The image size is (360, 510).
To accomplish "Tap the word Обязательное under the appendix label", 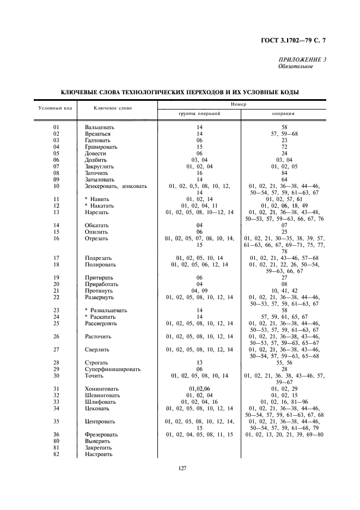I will tap(295, 66).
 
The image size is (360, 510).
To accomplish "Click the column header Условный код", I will tap(55, 108).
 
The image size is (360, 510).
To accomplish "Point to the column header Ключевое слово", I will tap(113, 108).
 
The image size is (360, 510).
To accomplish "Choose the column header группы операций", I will tap(199, 114).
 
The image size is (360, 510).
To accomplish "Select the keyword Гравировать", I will tap(101, 147).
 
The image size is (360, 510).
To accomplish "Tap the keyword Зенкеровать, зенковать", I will tap(115, 186).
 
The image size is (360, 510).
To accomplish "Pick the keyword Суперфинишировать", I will tap(112, 369).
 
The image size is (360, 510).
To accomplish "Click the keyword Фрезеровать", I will tap(101, 434).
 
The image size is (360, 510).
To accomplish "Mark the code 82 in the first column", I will tap(56, 454).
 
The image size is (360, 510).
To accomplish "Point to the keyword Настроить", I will tap(98, 454).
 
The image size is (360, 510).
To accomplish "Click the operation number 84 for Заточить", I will tap(284, 173).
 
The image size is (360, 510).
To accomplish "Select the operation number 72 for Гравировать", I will tap(284, 147).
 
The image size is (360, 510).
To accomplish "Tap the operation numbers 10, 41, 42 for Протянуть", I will tap(284, 290).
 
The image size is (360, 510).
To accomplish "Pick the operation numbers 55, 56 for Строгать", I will tap(284, 362).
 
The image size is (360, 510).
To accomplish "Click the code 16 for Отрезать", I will tap(56, 238).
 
